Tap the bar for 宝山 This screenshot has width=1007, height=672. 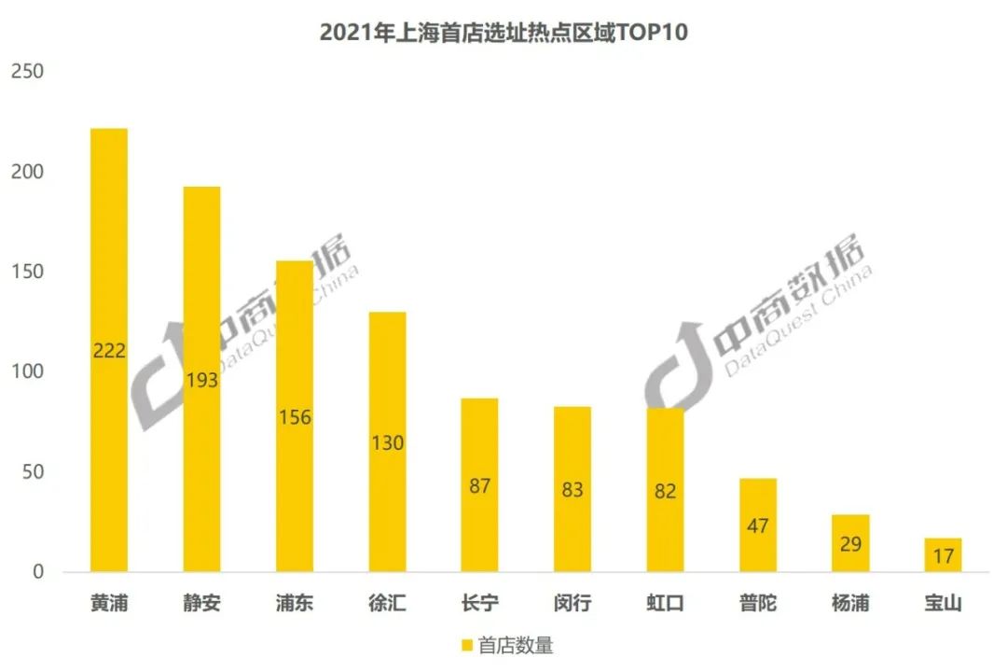click(943, 554)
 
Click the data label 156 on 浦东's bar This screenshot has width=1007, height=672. click(295, 417)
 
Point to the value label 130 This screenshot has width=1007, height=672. click(387, 443)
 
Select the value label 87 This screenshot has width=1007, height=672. click(480, 486)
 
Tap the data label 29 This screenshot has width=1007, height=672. click(849, 544)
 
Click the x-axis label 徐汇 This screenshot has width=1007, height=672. click(387, 603)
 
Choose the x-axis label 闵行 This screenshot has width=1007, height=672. click(572, 603)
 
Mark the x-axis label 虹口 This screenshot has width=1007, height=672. click(665, 603)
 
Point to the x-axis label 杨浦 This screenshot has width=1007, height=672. click(849, 603)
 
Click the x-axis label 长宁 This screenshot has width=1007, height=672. click(480, 603)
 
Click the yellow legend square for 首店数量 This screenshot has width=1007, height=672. click(467, 645)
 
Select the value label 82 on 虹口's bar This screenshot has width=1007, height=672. click(665, 491)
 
